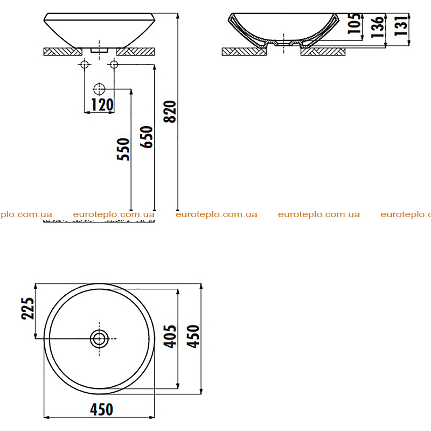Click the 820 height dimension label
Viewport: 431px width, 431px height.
pos(169,112)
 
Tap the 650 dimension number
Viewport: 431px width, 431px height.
pos(146,137)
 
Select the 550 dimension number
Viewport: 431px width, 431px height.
pos(123,149)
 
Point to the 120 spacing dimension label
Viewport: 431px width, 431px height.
pos(102,105)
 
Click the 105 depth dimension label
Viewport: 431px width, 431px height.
pos(354,23)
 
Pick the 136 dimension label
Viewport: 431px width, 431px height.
pos(377,27)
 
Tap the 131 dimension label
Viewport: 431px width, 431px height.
pos(400,25)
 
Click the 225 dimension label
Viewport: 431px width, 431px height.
pos(28,308)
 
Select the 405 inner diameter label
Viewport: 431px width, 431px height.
pos(170,336)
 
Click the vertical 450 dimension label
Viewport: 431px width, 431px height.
pos(193,336)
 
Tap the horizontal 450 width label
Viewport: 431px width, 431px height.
pos(101,409)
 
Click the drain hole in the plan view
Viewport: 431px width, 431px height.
pos(99,339)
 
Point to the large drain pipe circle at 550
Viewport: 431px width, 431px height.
pos(99,89)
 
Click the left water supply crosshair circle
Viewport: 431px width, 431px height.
pos(85,65)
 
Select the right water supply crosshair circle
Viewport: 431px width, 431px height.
pos(114,65)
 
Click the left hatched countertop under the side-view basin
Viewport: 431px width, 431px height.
pos(63,51)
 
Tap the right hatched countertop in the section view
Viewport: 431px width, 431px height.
pos(323,51)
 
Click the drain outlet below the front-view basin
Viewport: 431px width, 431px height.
pos(99,50)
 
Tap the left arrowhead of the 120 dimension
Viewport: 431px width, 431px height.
pos(86,112)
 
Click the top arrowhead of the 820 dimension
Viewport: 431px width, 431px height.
pos(178,16)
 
